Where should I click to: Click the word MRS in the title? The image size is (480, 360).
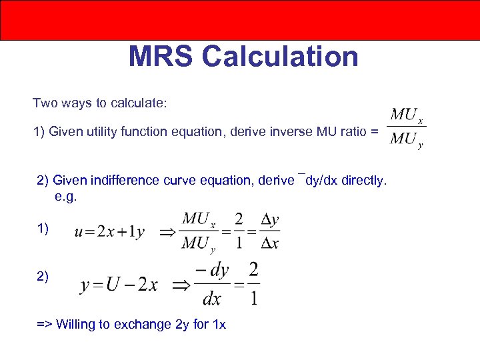[161, 57]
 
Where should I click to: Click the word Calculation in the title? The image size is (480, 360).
[280, 57]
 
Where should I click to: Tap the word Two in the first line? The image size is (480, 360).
[45, 103]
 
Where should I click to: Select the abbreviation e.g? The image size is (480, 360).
[67, 197]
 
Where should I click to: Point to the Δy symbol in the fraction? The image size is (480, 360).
[270, 220]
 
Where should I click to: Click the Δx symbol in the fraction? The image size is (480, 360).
[270, 243]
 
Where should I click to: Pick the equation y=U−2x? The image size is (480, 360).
[119, 285]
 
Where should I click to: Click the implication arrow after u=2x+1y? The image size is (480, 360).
[164, 232]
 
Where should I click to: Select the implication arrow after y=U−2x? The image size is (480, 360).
[181, 286]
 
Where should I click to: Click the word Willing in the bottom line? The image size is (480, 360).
[75, 325]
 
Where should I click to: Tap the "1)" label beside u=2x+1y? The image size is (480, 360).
[43, 229]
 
